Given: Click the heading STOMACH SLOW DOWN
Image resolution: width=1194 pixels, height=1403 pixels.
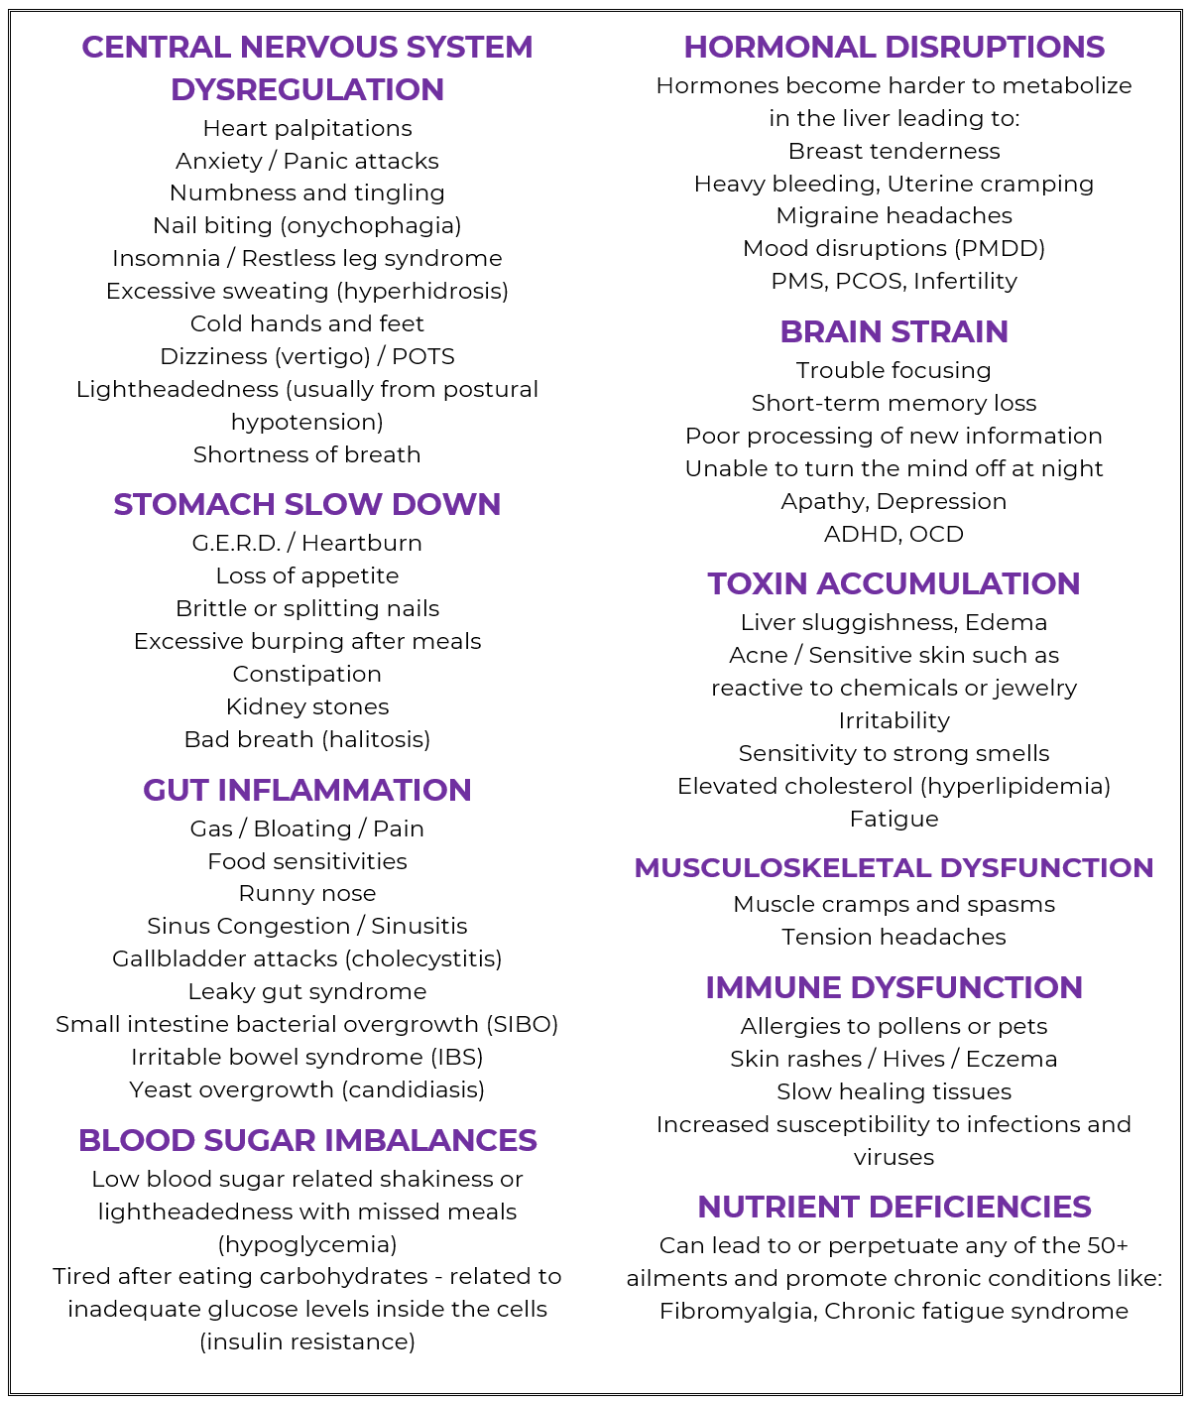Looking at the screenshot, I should pos(306,504).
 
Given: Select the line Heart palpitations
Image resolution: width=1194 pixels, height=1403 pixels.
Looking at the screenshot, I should pos(306,128).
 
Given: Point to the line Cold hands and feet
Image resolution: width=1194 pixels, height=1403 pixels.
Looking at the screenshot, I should pos(306,323).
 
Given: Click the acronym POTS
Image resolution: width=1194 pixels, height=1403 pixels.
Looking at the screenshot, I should pos(423,356).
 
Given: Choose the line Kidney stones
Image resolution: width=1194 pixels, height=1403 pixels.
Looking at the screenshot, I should pos(306,706).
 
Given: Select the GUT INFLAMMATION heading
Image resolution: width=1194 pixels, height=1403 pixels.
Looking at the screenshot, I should pos(306,790).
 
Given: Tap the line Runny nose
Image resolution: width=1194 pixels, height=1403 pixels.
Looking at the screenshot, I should pos(306,893).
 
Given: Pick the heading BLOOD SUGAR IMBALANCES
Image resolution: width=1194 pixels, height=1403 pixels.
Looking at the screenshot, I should pos(307,1140).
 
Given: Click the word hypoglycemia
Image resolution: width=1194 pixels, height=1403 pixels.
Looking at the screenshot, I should pos(306,1244).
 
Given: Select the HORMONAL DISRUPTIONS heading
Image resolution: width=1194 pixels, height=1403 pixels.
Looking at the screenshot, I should pos(894,47).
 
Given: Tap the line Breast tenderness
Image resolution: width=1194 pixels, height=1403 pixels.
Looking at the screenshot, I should pos(894,151).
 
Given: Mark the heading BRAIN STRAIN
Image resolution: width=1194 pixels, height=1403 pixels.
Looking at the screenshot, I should pos(894,331).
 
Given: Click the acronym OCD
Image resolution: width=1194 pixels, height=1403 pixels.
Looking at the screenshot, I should pos(936,534).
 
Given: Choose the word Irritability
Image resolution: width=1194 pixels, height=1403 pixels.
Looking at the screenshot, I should pos(894,720).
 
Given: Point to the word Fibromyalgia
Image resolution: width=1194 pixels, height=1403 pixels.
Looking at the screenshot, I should pos(735,1311).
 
